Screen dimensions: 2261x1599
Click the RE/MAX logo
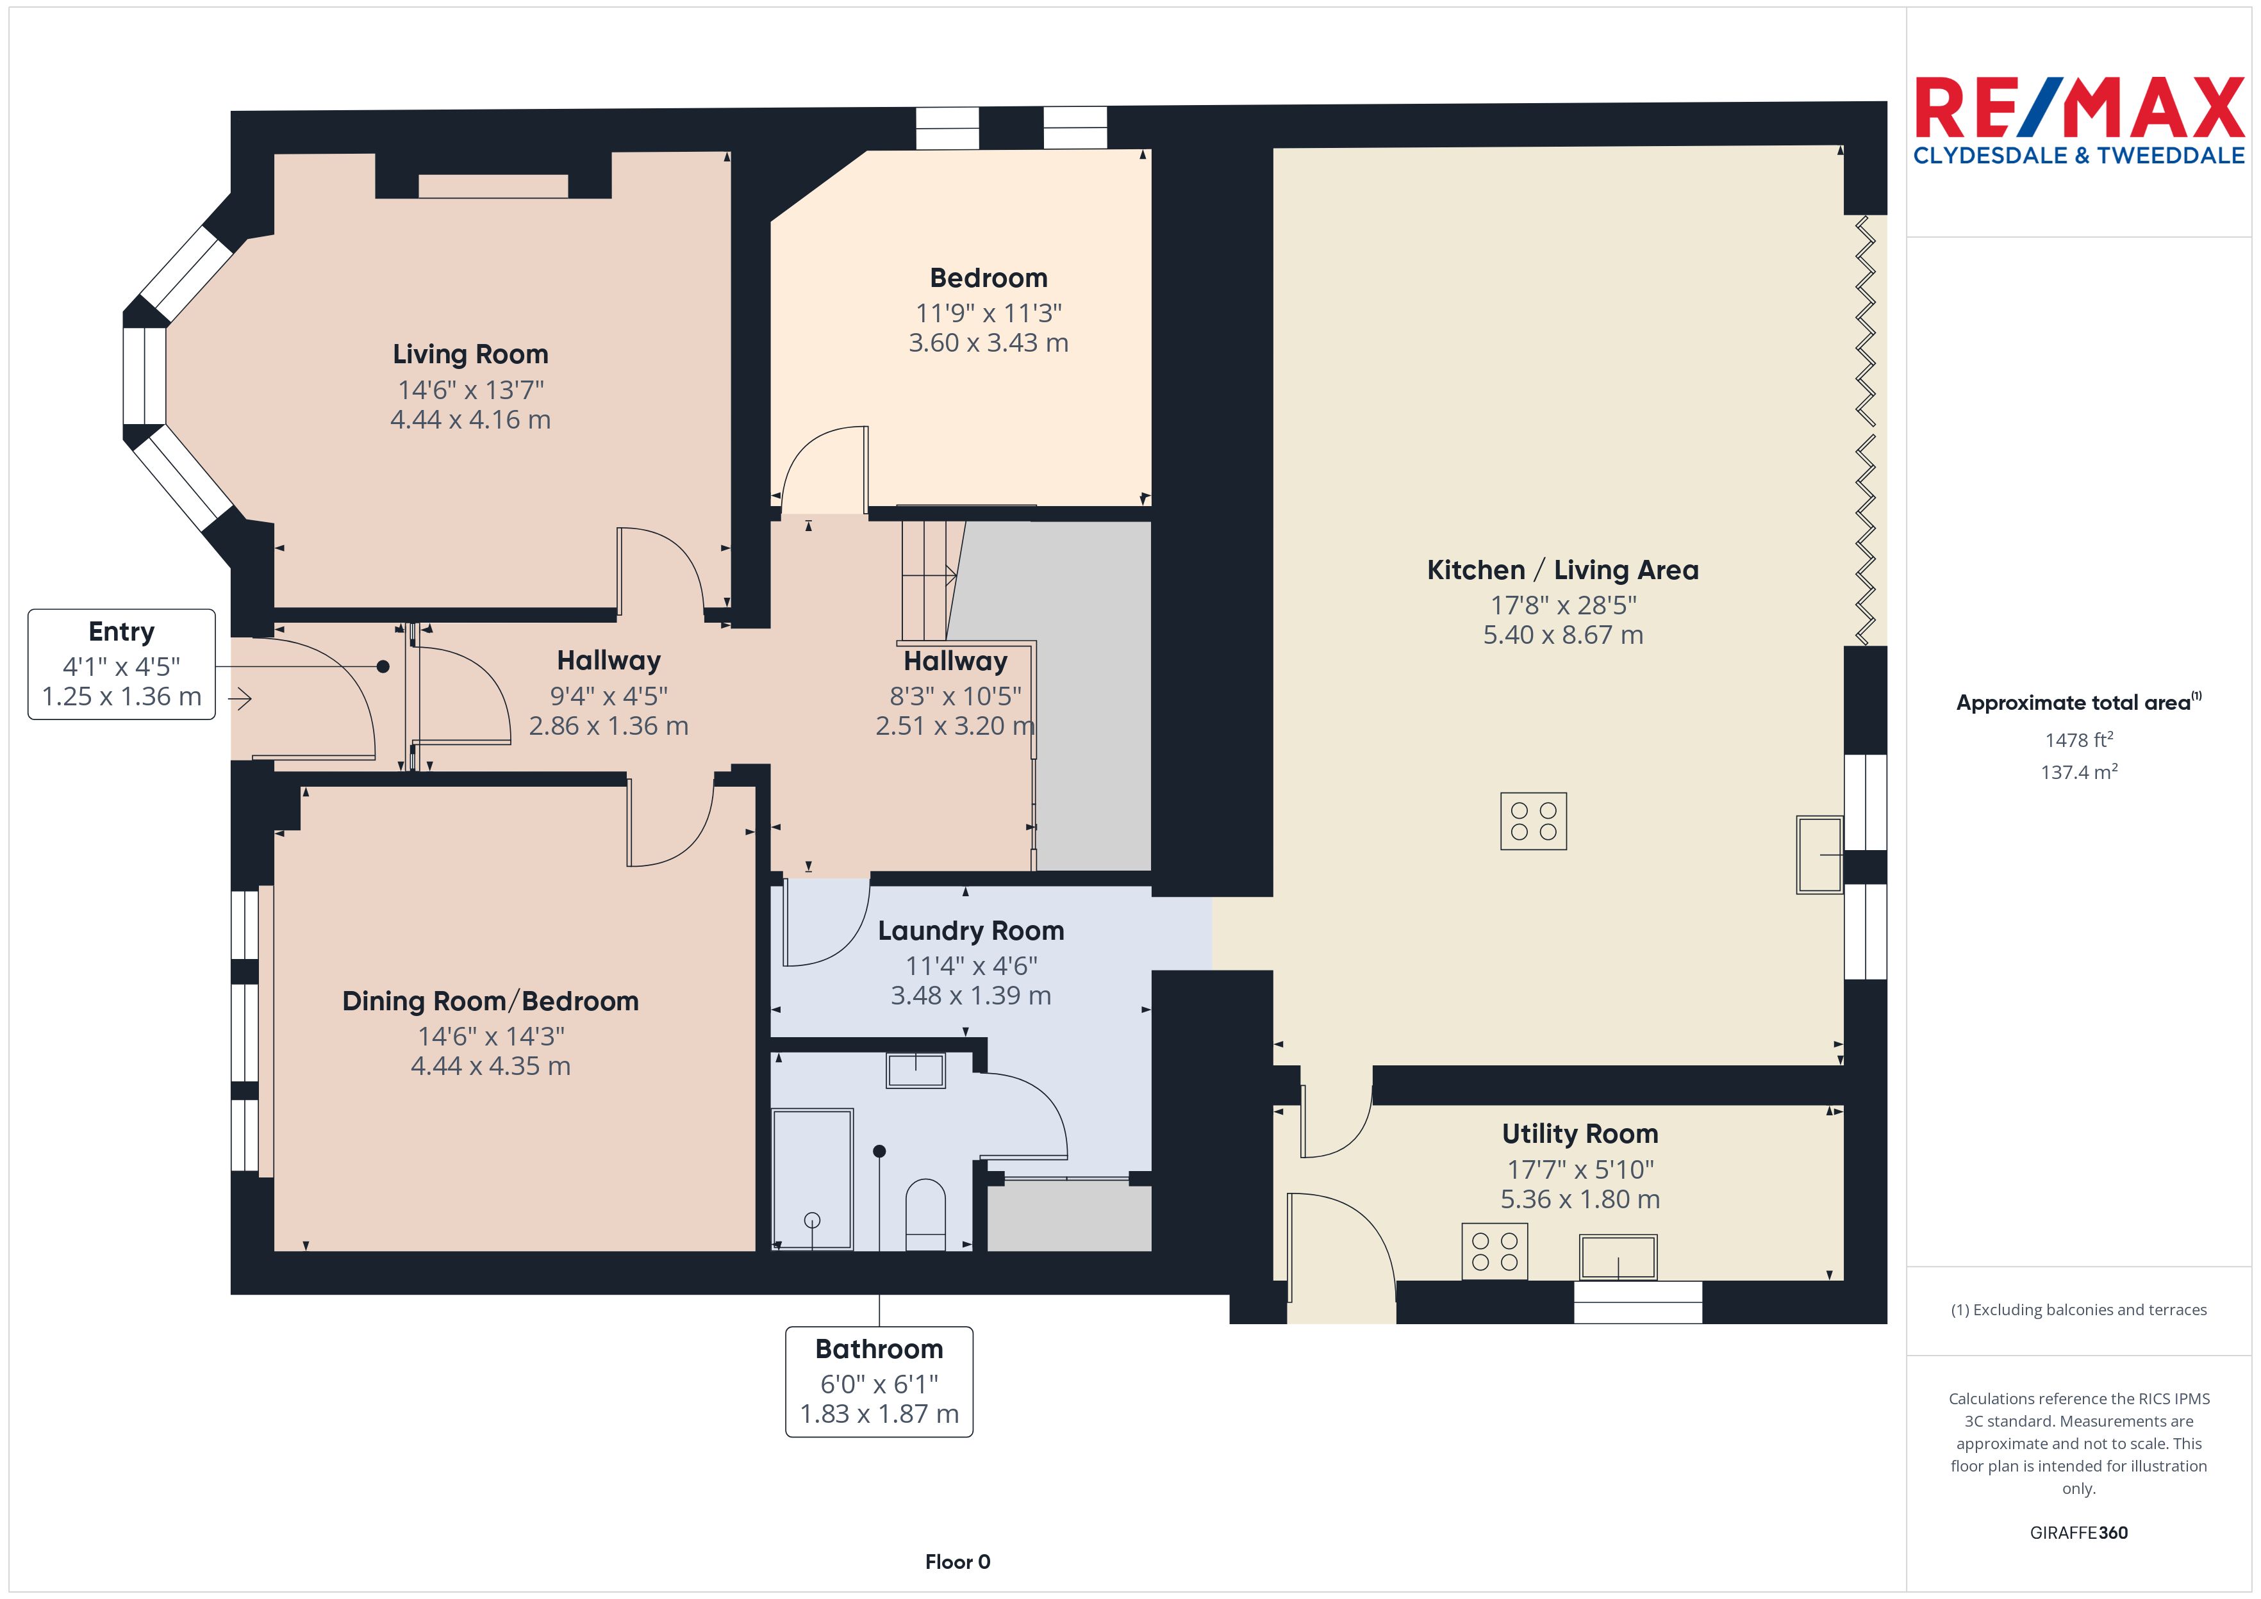2079,120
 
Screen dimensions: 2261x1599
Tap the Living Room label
470,354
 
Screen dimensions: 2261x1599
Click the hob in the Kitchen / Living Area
1533,821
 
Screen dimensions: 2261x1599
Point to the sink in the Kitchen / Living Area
1819,855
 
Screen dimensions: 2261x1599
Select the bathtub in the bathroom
813,1179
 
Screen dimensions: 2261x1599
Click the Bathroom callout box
879,1381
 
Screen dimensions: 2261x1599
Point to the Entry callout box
121,664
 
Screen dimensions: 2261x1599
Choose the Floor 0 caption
957,1562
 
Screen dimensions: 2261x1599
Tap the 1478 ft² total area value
2079,739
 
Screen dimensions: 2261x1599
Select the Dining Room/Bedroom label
490,1001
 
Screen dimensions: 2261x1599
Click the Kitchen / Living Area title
1563,570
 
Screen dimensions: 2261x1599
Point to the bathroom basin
916,1070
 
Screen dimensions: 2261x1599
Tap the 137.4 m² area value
2079,772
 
